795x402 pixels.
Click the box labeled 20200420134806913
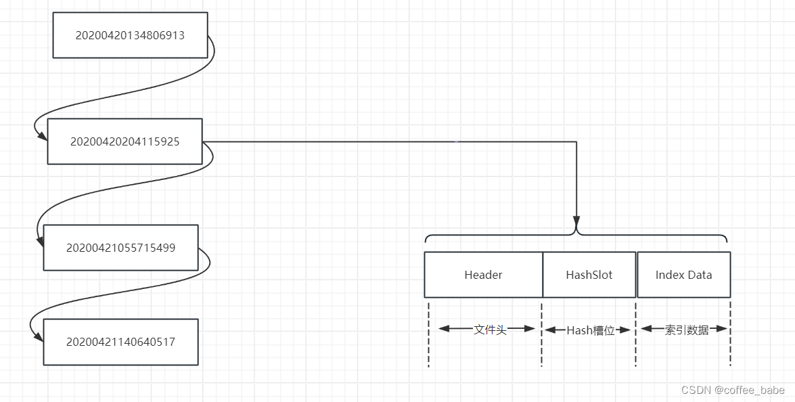[130, 35]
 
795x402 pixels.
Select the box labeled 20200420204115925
[124, 141]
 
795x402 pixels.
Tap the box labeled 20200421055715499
[120, 248]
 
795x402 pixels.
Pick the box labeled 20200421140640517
[120, 342]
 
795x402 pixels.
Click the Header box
[483, 275]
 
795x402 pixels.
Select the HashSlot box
[589, 275]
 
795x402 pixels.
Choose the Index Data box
[683, 275]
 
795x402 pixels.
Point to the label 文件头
[490, 330]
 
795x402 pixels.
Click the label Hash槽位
[590, 330]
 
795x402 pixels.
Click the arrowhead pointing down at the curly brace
[576, 222]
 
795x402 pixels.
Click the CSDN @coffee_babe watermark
[733, 390]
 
